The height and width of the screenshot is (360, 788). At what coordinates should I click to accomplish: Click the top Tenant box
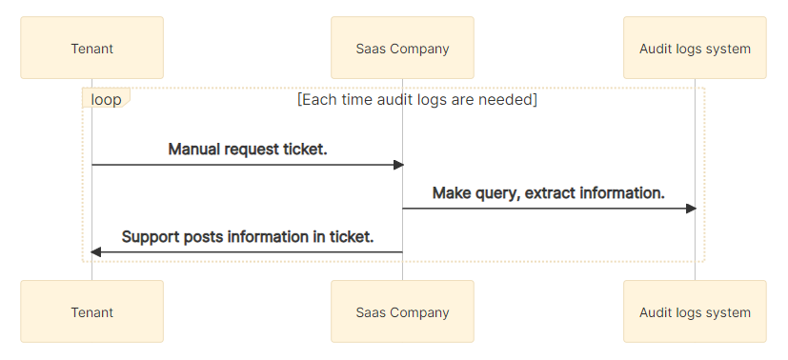[91, 48]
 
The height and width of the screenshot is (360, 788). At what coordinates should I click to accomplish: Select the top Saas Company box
[402, 48]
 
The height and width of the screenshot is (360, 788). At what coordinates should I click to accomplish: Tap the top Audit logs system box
[695, 48]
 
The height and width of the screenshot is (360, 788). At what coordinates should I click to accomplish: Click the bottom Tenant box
[91, 311]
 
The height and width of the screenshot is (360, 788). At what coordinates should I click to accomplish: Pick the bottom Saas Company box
[402, 311]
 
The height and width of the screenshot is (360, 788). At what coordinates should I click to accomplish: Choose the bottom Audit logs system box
[695, 311]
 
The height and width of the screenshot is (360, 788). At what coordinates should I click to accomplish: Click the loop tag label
[105, 99]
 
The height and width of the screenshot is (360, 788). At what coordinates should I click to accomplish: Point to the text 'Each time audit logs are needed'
[417, 99]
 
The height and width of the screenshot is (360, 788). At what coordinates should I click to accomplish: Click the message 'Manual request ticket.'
[248, 149]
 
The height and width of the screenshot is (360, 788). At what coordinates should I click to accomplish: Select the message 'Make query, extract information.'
[548, 192]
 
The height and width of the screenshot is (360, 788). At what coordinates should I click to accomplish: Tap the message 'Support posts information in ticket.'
[248, 236]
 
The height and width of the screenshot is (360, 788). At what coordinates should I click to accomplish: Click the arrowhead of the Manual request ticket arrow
[399, 165]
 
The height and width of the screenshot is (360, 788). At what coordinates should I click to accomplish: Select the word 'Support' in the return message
[152, 236]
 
